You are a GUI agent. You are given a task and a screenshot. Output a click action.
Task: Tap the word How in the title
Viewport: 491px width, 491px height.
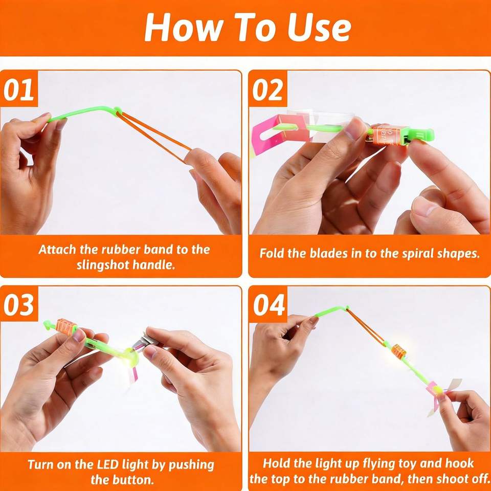coord(182,27)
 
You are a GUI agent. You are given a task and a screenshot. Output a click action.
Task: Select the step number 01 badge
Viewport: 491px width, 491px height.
coord(19,90)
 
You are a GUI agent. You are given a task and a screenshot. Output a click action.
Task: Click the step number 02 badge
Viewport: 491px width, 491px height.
coord(267,90)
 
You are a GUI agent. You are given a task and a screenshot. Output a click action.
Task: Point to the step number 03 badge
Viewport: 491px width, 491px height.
coord(19,305)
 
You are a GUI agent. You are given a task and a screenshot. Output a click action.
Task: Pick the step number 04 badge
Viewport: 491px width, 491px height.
coord(269,305)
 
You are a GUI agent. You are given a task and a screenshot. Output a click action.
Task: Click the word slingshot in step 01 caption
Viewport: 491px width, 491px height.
coord(103,265)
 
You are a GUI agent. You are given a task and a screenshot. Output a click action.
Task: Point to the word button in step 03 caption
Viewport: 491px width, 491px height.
coord(133,479)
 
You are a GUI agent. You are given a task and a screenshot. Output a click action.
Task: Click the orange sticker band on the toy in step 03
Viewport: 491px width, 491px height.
coord(66,327)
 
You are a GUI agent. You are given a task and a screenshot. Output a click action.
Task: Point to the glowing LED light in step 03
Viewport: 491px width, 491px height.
coord(130,358)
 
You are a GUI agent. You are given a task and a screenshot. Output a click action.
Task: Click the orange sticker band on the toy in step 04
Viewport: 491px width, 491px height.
coord(398,351)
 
